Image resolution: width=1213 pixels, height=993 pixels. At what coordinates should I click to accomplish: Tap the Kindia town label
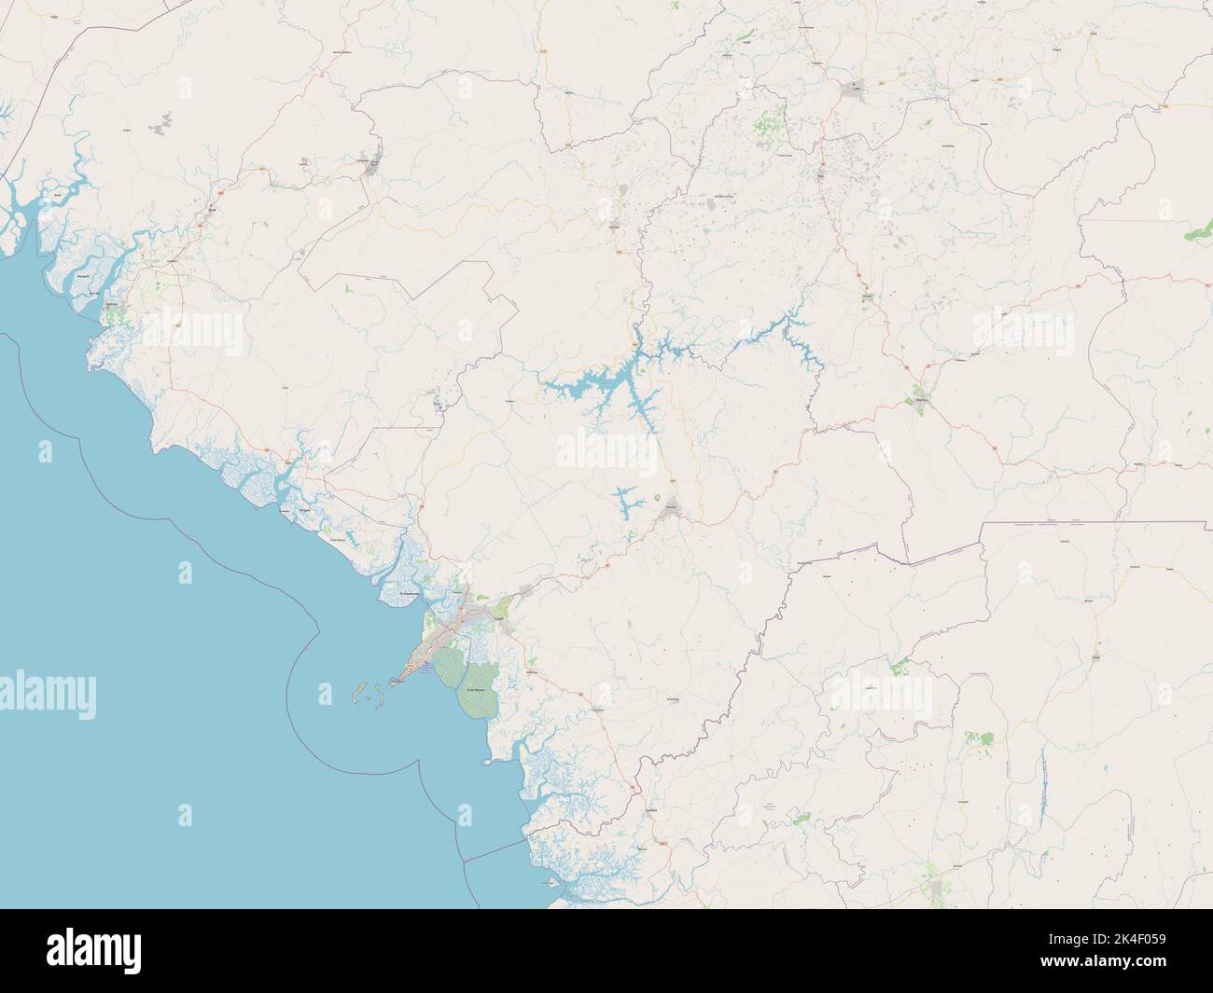[670, 503]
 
